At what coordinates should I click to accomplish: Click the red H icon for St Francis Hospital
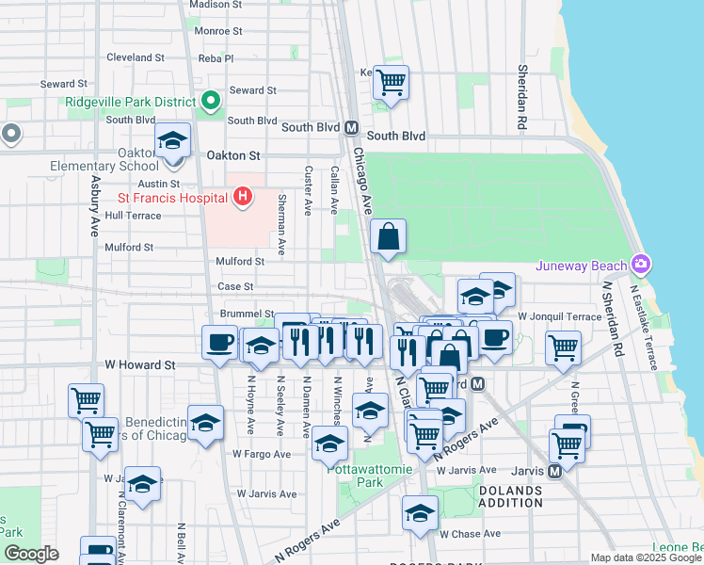coord(243,197)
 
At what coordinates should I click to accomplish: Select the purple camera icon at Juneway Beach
coord(642,263)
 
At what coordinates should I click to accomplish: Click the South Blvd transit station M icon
coord(351,127)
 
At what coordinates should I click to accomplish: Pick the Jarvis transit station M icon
coord(554,470)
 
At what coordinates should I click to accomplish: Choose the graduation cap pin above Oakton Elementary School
coord(172,140)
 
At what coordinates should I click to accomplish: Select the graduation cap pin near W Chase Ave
coord(420,513)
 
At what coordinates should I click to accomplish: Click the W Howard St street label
coord(140,363)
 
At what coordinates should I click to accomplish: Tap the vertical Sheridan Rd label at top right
coord(520,98)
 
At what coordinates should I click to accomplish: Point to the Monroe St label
coord(218,30)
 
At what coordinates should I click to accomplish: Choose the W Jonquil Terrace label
coord(559,316)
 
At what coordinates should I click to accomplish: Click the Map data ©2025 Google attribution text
coord(646,557)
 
